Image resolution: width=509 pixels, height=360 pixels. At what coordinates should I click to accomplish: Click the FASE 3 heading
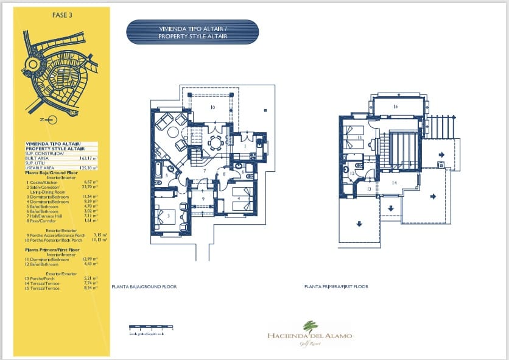62,16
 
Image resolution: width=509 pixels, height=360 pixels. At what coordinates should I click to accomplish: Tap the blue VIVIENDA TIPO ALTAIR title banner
192,32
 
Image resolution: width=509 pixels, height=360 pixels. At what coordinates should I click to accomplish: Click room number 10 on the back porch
212,107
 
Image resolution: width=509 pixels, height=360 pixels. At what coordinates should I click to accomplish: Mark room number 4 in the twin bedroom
239,198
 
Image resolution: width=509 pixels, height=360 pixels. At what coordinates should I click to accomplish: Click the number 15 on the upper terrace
395,107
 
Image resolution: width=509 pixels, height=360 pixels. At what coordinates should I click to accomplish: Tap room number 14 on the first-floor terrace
395,183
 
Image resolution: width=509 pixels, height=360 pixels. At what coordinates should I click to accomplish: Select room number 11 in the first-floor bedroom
360,138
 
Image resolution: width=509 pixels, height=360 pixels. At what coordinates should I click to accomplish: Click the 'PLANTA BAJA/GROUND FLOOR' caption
144,286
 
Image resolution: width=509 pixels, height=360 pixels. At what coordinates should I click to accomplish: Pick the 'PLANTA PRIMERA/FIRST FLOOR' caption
336,286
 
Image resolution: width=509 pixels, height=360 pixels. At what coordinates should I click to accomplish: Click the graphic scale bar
151,328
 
